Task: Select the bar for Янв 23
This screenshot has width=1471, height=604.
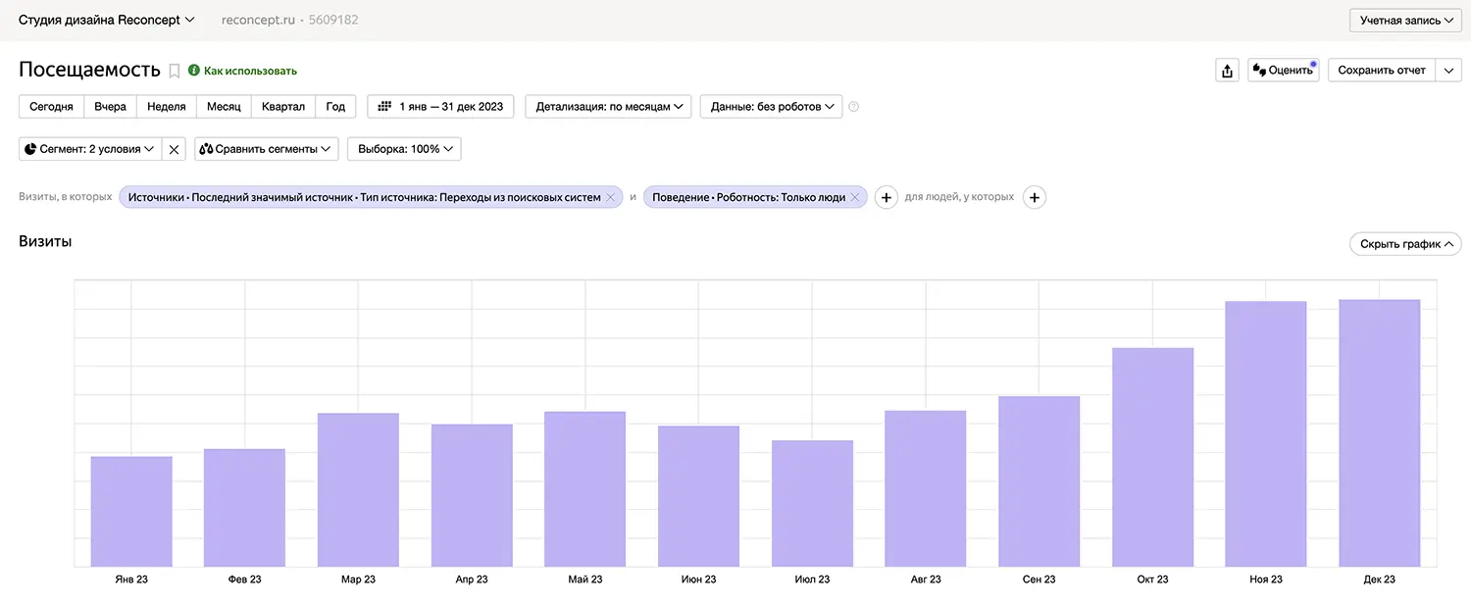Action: coord(131,511)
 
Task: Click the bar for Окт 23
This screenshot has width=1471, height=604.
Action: coord(1152,457)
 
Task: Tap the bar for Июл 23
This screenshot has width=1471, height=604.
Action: coord(812,503)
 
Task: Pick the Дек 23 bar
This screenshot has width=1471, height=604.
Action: coord(1379,432)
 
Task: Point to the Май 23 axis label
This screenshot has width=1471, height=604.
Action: coord(585,579)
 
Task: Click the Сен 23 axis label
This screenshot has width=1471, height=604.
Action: coord(1039,579)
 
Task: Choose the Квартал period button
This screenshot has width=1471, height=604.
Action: coord(283,107)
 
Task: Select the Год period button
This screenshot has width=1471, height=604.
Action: coord(335,107)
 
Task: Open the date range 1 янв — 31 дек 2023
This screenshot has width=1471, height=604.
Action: coord(441,107)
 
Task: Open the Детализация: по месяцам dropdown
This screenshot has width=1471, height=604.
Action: coord(608,107)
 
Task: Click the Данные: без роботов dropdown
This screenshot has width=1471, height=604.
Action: coord(771,107)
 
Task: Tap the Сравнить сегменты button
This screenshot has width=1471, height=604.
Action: coord(267,149)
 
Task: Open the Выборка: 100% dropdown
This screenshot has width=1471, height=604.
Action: coord(404,149)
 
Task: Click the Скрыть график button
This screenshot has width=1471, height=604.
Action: coord(1405,244)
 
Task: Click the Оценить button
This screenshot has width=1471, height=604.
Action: coord(1283,71)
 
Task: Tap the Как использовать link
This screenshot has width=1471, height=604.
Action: coord(249,71)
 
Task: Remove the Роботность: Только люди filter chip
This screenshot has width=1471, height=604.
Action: coord(854,197)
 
